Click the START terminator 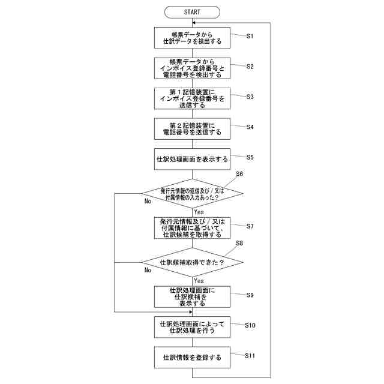(192, 11)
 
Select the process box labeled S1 (192, 38)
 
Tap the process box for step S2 (192, 68)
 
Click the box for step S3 (192, 98)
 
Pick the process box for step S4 (192, 128)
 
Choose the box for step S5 (192, 160)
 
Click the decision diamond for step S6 (192, 194)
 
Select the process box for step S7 (192, 228)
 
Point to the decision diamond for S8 (192, 262)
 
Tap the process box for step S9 (192, 296)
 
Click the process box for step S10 (192, 326)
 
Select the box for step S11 (192, 357)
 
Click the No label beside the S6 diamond (148, 202)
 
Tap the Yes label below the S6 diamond (199, 212)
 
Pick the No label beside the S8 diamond (148, 270)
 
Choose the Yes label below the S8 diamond (199, 280)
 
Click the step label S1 (250, 36)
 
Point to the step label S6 (239, 174)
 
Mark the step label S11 (251, 355)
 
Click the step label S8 (239, 243)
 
